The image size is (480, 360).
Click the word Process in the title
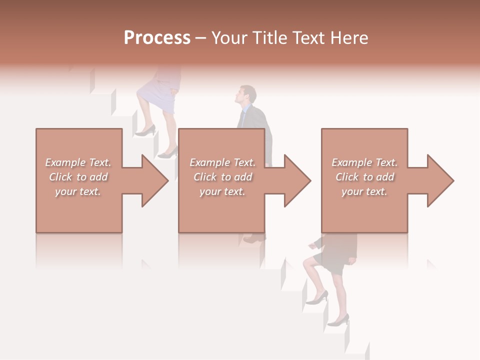157,38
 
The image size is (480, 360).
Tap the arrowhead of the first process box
154,180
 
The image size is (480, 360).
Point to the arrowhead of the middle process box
297,180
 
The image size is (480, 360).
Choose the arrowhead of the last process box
440,180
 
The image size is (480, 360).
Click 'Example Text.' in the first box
78,162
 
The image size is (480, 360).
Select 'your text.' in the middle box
222,191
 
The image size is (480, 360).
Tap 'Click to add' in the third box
364,177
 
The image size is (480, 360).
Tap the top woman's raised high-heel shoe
145,131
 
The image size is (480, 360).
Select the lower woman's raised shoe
317,298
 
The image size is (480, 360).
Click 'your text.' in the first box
78,191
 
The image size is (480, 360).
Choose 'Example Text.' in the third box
364,162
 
